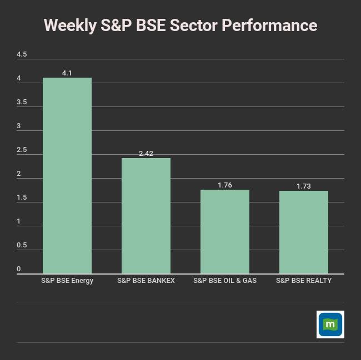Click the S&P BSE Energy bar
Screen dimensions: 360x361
click(67, 175)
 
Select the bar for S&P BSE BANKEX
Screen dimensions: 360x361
click(146, 216)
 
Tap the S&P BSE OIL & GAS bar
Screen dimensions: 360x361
click(225, 231)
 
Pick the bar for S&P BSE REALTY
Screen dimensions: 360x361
click(304, 232)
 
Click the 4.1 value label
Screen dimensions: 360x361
click(67, 73)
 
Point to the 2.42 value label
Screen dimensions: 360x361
click(146, 154)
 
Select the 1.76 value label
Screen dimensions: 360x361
click(225, 185)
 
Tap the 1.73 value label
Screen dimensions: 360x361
click(304, 186)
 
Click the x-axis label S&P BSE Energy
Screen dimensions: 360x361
click(67, 281)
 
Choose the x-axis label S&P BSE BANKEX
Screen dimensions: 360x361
click(146, 281)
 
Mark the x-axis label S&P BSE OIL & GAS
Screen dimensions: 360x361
click(225, 281)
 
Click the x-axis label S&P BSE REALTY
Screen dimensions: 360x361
click(304, 281)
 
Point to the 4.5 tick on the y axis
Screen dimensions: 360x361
click(22, 54)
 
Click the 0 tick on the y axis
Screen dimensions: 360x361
click(19, 269)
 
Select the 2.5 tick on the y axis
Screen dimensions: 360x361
click(22, 150)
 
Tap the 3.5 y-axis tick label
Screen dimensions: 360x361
click(22, 102)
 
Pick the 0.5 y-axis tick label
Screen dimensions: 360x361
click(22, 245)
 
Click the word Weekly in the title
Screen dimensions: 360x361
click(70, 26)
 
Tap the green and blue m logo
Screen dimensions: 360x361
click(330, 324)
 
